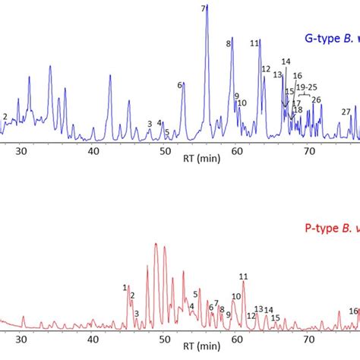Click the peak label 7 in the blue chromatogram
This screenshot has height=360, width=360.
coord(204,8)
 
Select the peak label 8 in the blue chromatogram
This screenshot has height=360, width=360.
coord(228,44)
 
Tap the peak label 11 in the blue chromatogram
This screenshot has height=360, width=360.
coord(254,44)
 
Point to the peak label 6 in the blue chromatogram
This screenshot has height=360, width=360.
coord(180,85)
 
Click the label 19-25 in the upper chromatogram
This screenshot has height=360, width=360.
coord(307,88)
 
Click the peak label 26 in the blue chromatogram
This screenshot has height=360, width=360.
coord(317,99)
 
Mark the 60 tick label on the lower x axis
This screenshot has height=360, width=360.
coord(237,342)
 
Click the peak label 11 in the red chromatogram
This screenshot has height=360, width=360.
coord(243,277)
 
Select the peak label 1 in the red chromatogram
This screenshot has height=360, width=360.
coord(125,287)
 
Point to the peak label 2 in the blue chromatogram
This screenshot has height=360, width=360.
coord(5,116)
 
